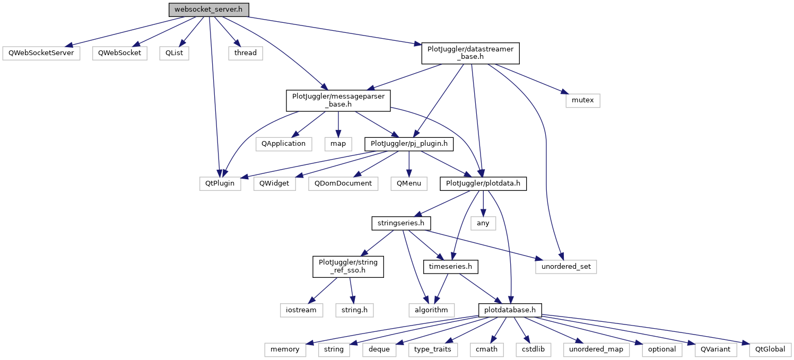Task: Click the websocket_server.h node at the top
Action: pyautogui.click(x=209, y=10)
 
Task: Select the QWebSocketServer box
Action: pyautogui.click(x=41, y=53)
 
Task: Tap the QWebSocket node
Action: pyautogui.click(x=119, y=53)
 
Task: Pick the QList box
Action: pyautogui.click(x=174, y=53)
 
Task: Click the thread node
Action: pyautogui.click(x=246, y=53)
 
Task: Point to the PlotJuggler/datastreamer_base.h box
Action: pyautogui.click(x=470, y=54)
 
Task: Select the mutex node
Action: pyautogui.click(x=582, y=100)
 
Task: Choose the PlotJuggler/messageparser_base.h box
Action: pyautogui.click(x=338, y=100)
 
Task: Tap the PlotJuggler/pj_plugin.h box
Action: pyautogui.click(x=409, y=144)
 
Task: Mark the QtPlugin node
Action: pyautogui.click(x=220, y=184)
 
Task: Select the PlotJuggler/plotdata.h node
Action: pyautogui.click(x=483, y=184)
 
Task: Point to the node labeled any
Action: pyautogui.click(x=483, y=223)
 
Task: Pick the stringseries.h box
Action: pyautogui.click(x=401, y=223)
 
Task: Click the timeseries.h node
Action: pyautogui.click(x=450, y=267)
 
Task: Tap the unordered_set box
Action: pyautogui.click(x=566, y=267)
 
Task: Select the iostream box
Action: pyautogui.click(x=301, y=310)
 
